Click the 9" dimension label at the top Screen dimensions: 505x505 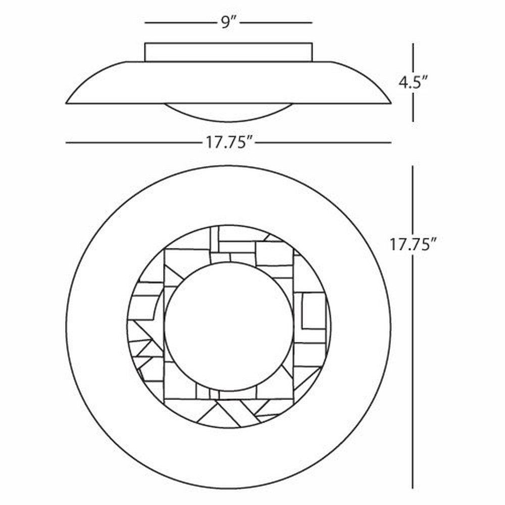tap(229, 23)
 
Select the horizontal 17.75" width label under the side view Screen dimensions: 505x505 tap(229, 142)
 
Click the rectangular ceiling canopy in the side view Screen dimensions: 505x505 tap(228, 52)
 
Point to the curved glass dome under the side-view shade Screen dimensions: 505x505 tap(228, 113)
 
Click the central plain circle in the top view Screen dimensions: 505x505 tap(229, 327)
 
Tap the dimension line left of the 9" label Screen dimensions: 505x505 tap(181, 23)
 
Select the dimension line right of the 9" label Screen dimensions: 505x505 tap(276, 23)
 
